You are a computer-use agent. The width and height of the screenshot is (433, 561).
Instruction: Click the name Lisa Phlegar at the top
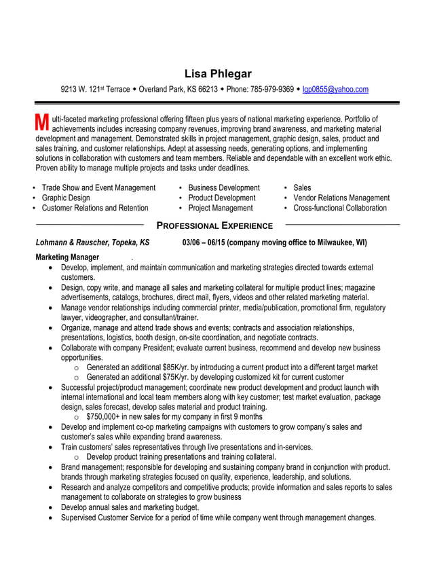click(x=217, y=73)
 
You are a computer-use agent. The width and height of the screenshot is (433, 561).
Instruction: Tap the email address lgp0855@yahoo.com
click(x=335, y=89)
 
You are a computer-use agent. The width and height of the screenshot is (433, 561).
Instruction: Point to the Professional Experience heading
click(x=214, y=225)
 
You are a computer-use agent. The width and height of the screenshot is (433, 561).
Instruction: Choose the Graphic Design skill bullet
click(x=66, y=198)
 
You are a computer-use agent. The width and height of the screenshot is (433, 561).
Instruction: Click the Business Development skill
click(x=224, y=187)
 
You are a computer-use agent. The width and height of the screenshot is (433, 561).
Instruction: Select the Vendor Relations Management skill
click(x=341, y=198)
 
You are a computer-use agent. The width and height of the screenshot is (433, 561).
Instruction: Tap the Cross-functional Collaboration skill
click(x=340, y=208)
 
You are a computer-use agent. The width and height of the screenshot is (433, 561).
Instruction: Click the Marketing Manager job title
click(x=67, y=257)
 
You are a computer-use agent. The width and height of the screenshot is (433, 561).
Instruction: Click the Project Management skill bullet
click(x=221, y=208)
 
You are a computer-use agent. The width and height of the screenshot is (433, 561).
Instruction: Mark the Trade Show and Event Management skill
click(x=98, y=187)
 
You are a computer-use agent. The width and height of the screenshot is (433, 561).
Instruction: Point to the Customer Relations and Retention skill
click(x=95, y=208)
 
